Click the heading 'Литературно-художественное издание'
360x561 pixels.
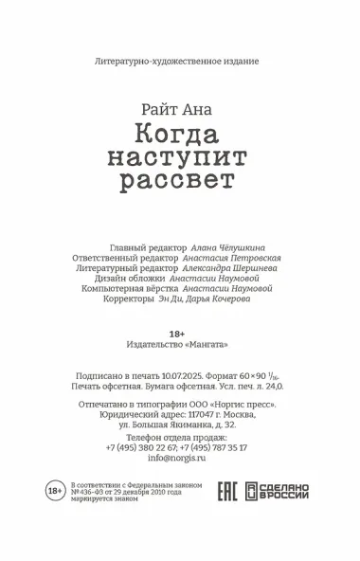177,61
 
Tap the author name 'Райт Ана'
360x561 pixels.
177,107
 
